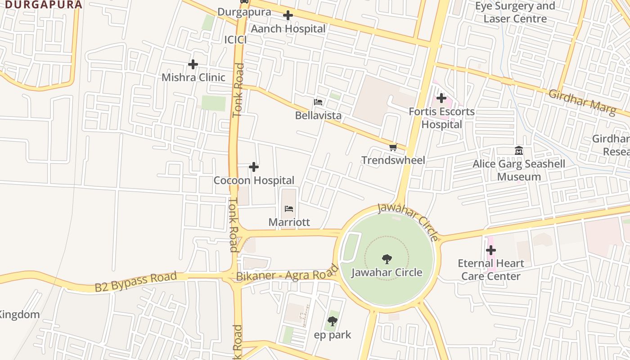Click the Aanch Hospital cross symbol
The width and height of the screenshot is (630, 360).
tap(288, 16)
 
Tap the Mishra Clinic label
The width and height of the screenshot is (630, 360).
tap(193, 77)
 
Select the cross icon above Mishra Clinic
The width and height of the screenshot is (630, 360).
tap(193, 64)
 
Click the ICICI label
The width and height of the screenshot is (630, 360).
tap(235, 40)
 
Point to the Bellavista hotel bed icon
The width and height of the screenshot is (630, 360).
tap(318, 102)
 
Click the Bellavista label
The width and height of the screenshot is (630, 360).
tap(318, 116)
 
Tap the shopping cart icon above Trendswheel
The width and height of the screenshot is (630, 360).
tap(393, 147)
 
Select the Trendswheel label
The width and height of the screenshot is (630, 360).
tap(393, 160)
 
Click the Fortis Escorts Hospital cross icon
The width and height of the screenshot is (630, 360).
tap(441, 98)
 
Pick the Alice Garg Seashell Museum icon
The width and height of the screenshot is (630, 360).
tap(518, 150)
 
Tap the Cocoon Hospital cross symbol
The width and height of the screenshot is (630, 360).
tap(254, 167)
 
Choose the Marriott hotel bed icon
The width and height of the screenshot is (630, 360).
tap(289, 209)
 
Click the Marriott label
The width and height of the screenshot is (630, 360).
tap(289, 222)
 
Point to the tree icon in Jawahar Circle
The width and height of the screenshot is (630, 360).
tap(387, 259)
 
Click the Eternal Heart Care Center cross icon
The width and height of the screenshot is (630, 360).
tap(491, 250)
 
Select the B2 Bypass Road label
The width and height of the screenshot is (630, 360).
tap(135, 282)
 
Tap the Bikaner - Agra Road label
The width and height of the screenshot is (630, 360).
tap(287, 273)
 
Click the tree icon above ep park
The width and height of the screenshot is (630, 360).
tap(333, 321)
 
